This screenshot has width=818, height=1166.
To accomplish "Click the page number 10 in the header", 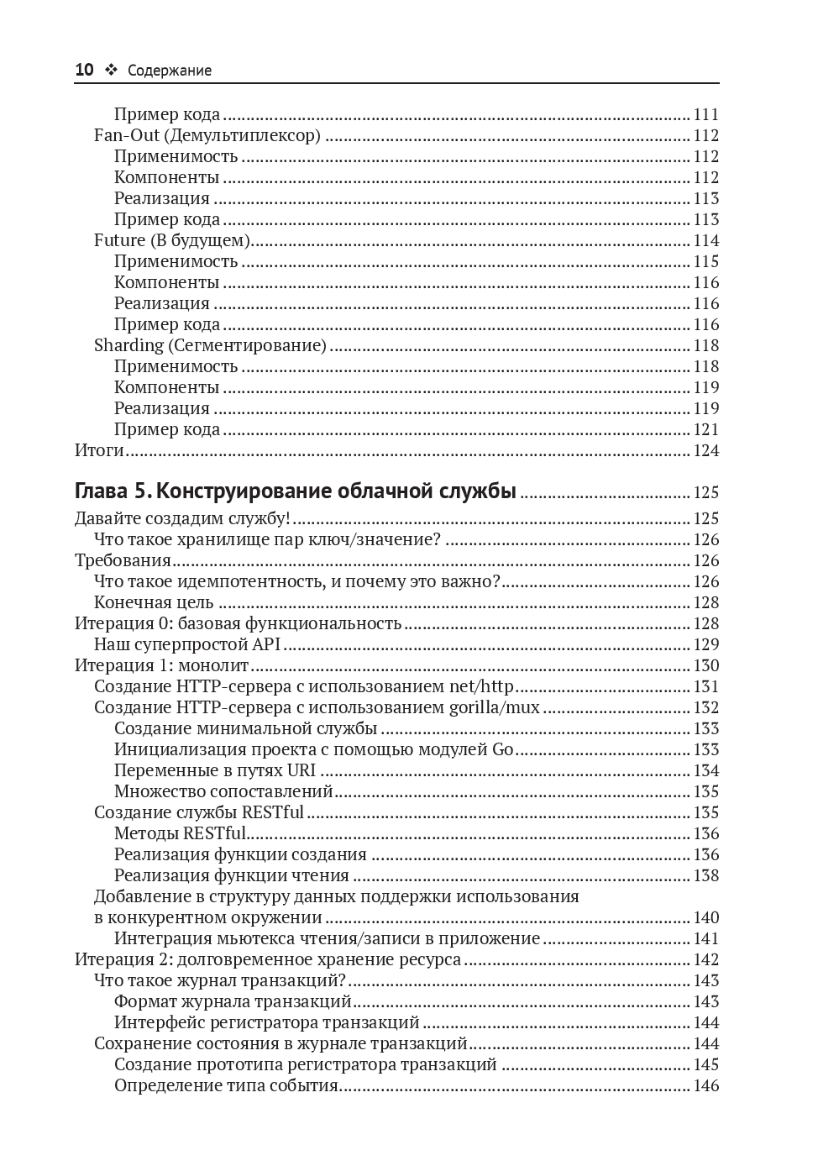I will click(x=84, y=71).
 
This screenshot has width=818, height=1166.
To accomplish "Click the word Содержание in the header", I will click(x=170, y=71).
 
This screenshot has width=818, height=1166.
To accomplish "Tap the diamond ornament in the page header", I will click(x=111, y=71).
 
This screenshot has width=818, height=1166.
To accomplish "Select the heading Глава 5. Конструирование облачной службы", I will click(x=296, y=491).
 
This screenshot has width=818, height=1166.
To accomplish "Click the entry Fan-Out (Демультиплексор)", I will click(x=207, y=135).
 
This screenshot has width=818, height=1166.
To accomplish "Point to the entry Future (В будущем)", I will click(x=172, y=240).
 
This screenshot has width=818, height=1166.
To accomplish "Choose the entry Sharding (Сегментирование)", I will click(x=210, y=345).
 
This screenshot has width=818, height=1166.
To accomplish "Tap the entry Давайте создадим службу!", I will click(x=182, y=518).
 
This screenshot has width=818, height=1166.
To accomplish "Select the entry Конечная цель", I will click(x=154, y=602).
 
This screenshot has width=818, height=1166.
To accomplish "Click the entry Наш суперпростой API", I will click(x=187, y=644).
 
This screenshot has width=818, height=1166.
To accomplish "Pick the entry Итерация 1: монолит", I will click(x=162, y=665).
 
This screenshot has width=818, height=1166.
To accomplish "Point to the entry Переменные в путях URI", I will click(x=215, y=770).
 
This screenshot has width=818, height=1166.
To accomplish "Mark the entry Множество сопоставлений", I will click(x=223, y=791).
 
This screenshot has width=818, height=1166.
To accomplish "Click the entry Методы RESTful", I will click(x=180, y=833).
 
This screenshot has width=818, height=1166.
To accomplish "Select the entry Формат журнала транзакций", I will click(x=233, y=1001).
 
